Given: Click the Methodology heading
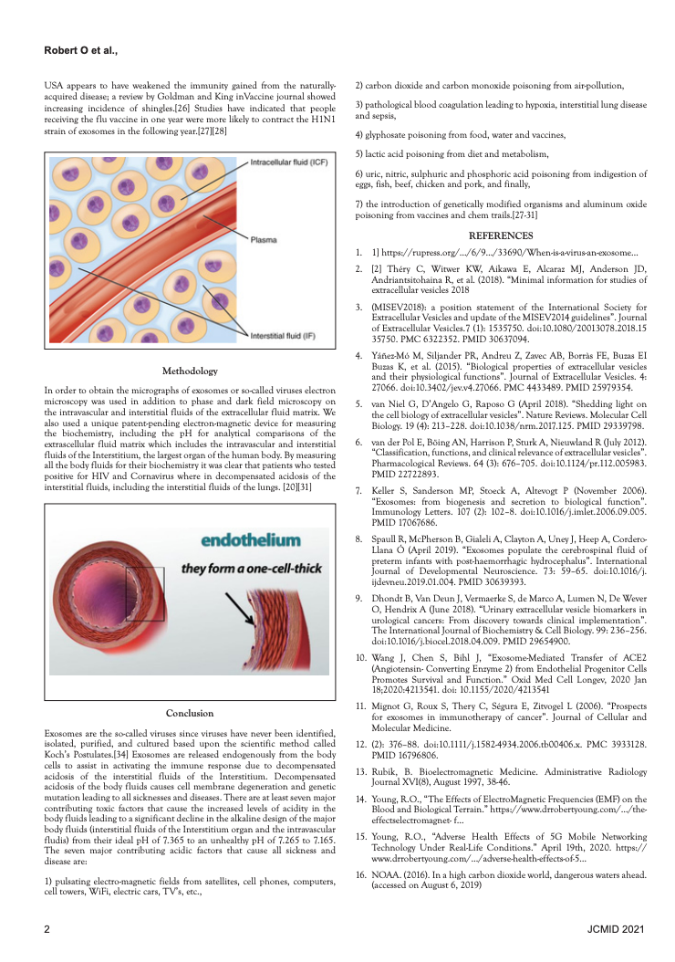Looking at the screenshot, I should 191,371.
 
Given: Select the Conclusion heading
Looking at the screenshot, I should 191,713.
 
